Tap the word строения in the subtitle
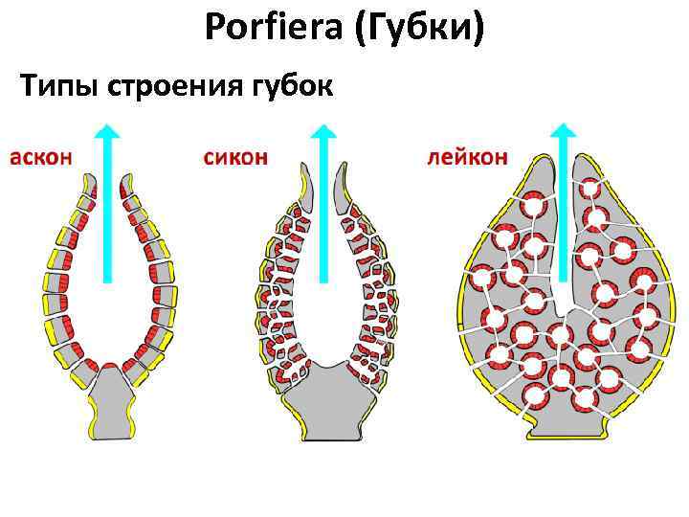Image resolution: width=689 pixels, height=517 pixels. (163, 87)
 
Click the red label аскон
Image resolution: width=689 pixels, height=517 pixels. (41, 156)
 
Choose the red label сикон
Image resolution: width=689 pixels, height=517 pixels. (235, 156)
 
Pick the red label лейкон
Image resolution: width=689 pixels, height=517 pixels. (467, 156)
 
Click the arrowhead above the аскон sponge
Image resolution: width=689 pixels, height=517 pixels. (108, 134)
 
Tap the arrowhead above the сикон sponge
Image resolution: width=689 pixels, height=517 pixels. (324, 134)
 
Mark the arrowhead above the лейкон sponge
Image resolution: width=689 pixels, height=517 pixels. (564, 134)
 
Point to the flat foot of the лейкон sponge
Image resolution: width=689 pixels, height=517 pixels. (565, 426)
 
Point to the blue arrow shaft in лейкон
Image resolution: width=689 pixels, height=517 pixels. (564, 220)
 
